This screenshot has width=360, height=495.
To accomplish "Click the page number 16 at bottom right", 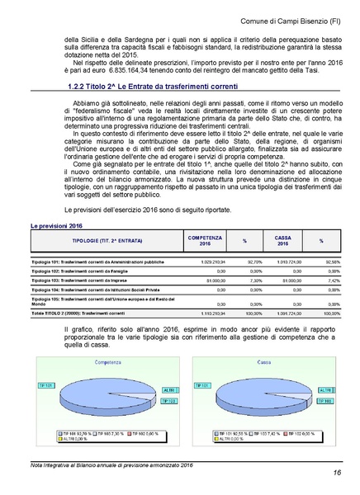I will [x=338, y=472].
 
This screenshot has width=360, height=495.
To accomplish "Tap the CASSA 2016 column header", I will [x=282, y=241].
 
